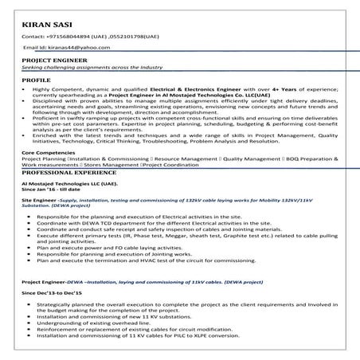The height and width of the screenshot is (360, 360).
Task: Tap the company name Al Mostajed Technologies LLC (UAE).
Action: pyautogui.click(x=70, y=182)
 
